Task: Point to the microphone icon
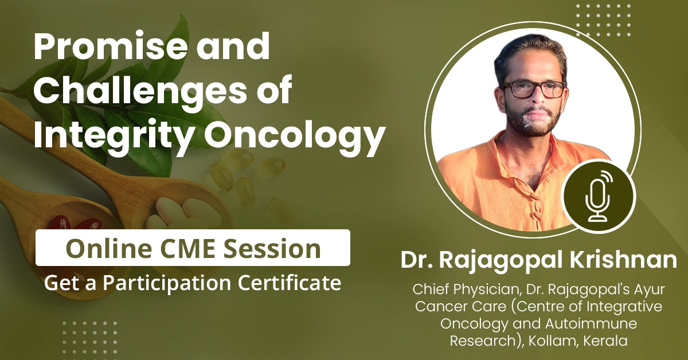[x=598, y=196]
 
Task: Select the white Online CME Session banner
[x=193, y=248]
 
